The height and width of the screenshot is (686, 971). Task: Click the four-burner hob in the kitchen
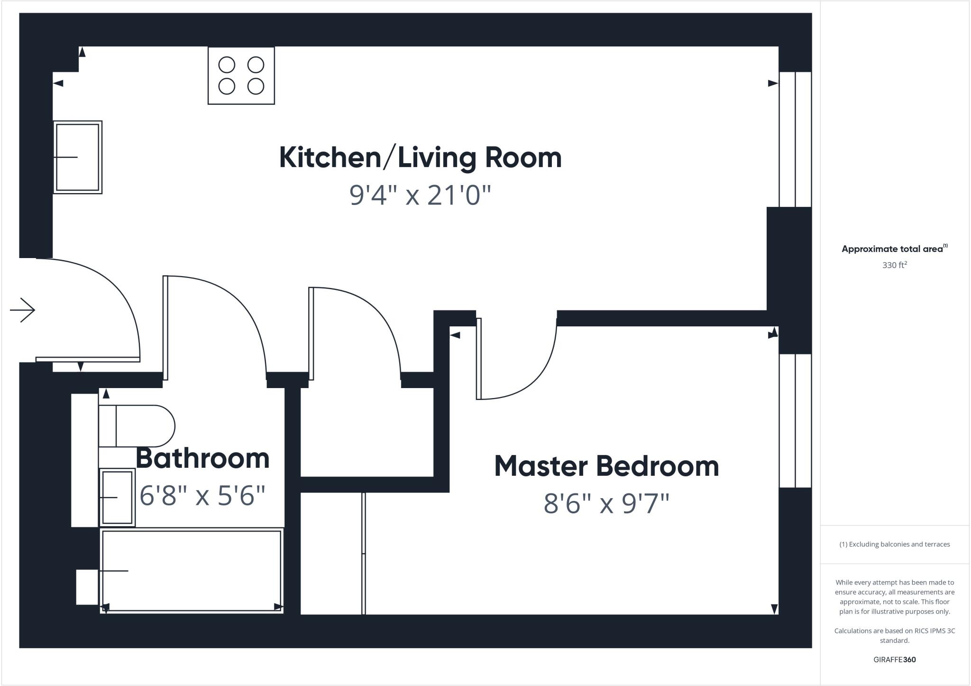241,75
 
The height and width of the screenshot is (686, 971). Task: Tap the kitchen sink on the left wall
77,157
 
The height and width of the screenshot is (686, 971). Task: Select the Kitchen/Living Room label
420,158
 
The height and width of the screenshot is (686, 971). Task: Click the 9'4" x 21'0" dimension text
420,195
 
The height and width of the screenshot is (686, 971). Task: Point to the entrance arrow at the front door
22,310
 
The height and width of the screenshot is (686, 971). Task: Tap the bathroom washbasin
117,497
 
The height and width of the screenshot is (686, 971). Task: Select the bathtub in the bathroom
192,570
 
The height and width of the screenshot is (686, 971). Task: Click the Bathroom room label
202,458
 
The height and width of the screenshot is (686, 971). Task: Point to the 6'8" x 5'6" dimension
202,496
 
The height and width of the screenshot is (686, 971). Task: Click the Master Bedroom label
606,466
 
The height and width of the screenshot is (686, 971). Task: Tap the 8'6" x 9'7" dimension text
606,503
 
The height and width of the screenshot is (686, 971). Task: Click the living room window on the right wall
795,139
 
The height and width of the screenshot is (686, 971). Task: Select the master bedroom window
795,420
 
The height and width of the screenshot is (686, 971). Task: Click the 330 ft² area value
894,265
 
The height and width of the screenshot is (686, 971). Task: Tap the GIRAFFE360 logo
894,659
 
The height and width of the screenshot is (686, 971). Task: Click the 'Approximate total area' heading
892,249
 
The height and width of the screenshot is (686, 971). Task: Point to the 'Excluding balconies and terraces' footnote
894,544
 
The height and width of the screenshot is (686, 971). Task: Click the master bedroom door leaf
479,359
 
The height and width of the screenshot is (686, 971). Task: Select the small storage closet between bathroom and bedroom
367,432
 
